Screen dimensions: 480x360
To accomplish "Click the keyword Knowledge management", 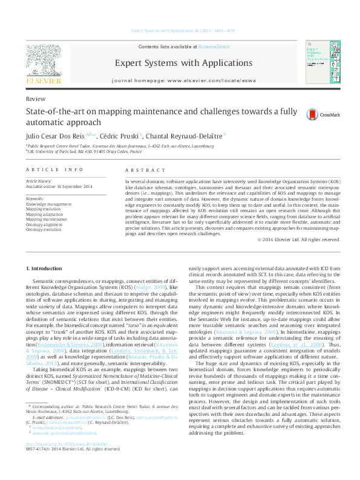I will coord(48,205).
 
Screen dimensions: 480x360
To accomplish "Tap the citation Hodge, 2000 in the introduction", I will coord(151,288).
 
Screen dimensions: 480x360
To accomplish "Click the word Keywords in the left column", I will coord(35,198).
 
